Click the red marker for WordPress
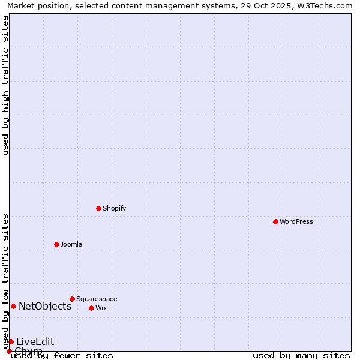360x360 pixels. tap(275, 221)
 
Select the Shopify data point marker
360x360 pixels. tap(98, 208)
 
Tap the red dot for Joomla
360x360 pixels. tap(56, 244)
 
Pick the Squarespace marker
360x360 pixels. tap(72, 299)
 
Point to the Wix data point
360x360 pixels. tap(91, 308)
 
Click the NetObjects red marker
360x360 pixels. tap(13, 306)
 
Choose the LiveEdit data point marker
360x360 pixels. tap(11, 341)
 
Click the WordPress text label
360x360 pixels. tap(296, 221)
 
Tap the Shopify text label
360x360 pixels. tap(114, 208)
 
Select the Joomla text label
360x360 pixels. tap(71, 244)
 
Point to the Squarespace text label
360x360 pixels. tap(97, 299)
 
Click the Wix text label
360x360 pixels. tap(101, 308)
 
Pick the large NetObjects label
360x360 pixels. tap(45, 306)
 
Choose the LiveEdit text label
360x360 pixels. tap(35, 341)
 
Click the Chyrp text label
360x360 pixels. tap(28, 350)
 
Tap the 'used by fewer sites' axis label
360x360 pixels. tap(62, 356)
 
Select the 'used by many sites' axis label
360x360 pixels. tap(301, 356)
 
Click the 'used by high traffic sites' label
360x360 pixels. tap(6, 85)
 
